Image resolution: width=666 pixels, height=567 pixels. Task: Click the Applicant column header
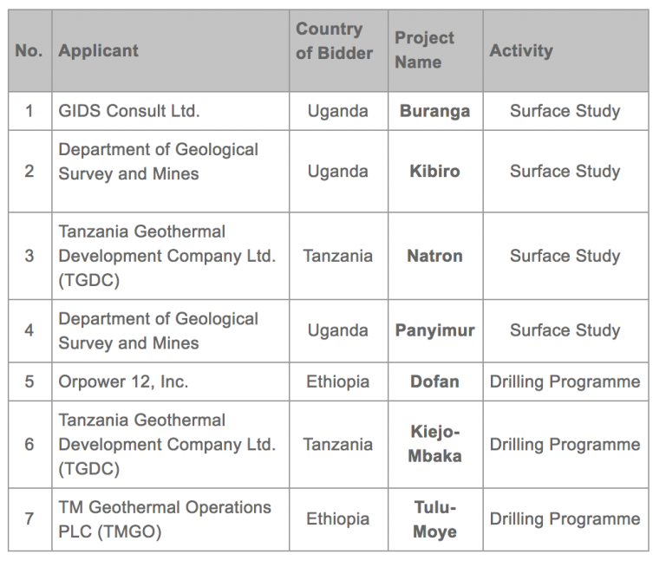pos(99,50)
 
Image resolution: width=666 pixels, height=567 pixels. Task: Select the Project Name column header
pos(425,50)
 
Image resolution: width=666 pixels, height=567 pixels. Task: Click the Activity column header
pos(521,50)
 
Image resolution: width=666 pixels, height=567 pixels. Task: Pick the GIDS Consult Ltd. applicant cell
pos(129,111)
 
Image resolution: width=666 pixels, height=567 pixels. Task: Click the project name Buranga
pos(434,111)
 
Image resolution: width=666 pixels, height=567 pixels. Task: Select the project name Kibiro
pos(434,171)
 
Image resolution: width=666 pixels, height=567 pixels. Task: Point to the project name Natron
pos(434,256)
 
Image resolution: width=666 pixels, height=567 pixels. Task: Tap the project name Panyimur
pos(434,330)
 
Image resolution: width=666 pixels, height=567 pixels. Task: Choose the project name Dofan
pos(434,381)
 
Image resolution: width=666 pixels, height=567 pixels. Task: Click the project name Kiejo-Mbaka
pos(434,444)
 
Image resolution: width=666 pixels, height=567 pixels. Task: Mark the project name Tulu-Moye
pos(434,519)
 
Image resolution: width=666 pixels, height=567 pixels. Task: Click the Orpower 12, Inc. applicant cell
pos(123,381)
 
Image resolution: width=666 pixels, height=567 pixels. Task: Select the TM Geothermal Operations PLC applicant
pos(165,519)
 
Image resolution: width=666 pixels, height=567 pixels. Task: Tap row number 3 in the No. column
pos(29,256)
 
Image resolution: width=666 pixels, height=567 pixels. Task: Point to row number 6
pos(29,444)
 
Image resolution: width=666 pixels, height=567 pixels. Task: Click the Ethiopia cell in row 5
pos(337,381)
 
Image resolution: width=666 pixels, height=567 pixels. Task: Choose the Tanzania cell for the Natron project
pos(337,256)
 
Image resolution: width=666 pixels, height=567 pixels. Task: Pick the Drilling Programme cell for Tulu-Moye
pos(565,519)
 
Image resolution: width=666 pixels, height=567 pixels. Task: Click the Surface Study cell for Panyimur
pos(565,330)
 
